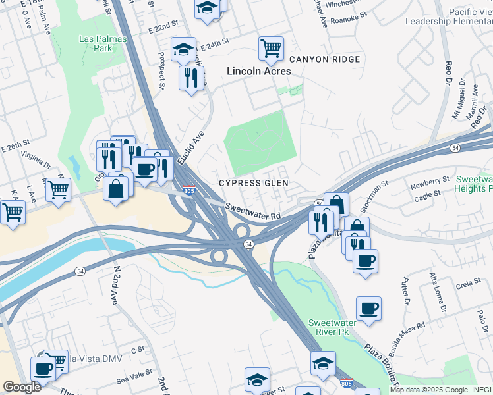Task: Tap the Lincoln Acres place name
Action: pyautogui.click(x=259, y=71)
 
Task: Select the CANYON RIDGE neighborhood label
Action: pyautogui.click(x=324, y=59)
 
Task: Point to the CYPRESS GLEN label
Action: pyautogui.click(x=254, y=183)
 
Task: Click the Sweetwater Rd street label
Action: pyautogui.click(x=253, y=211)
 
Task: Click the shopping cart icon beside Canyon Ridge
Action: pyautogui.click(x=271, y=48)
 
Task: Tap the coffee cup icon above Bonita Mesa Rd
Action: pyautogui.click(x=368, y=308)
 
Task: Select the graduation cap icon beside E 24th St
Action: pyautogui.click(x=184, y=49)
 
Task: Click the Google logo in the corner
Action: pyautogui.click(x=22, y=386)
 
